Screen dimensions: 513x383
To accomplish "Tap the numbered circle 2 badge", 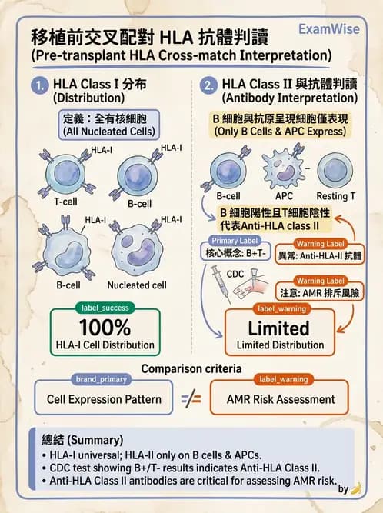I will pyautogui.click(x=207, y=86).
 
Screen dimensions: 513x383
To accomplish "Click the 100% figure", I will pyautogui.click(x=105, y=327).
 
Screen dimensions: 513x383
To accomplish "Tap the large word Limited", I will pyautogui.click(x=278, y=328).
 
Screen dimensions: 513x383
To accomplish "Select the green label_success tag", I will pyautogui.click(x=105, y=308).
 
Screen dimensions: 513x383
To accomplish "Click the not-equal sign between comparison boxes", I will pyautogui.click(x=191, y=399).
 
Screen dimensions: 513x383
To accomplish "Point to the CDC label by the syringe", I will pyautogui.click(x=237, y=274).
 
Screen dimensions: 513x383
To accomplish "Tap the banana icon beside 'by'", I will pyautogui.click(x=355, y=488).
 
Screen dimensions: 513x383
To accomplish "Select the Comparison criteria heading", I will pyautogui.click(x=191, y=368).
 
